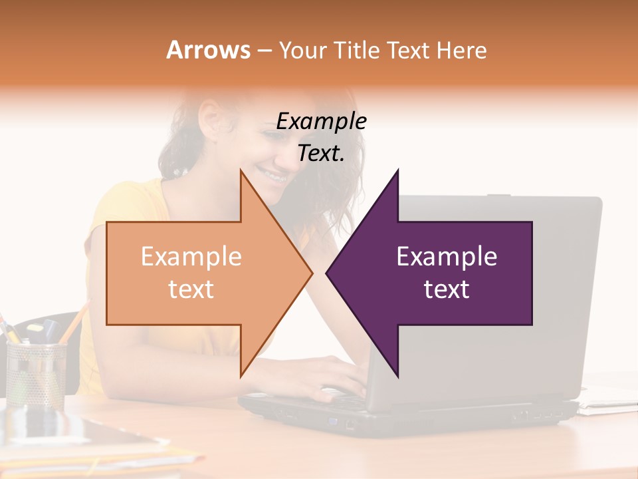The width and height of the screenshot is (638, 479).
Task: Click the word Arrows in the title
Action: [208, 50]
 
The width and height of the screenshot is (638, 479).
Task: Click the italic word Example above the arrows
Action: [321, 122]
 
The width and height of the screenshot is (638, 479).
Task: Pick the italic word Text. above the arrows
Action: [321, 154]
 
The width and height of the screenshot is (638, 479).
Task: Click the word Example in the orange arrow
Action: [191, 257]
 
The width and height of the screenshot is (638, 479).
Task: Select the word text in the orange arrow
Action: [191, 289]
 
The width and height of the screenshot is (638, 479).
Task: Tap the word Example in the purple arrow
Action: [447, 257]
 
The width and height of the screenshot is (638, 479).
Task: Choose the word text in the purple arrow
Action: [447, 289]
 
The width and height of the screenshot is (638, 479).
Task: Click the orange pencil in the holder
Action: [74, 323]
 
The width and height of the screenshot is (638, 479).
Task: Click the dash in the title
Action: [264, 51]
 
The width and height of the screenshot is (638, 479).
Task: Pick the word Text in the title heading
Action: [410, 50]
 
